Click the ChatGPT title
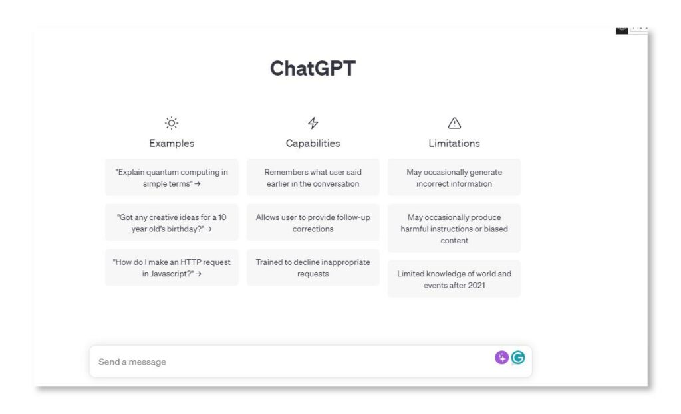coord(313,68)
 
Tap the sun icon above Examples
coord(172,123)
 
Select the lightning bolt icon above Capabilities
coord(313,123)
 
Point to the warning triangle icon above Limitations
coord(454,123)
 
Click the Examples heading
coord(172,143)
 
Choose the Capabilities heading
coord(313,143)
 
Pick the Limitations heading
coord(454,143)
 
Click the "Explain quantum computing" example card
coord(172,177)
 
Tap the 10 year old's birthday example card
coord(172,223)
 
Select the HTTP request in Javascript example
coord(172,268)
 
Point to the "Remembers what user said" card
coord(313,177)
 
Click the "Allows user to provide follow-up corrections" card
coord(313,223)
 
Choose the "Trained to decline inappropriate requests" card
coord(313,268)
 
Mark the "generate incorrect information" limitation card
coord(454,177)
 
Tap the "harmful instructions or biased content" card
coord(454,229)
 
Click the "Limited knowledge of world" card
coord(454,279)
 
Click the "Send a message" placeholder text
coord(132,362)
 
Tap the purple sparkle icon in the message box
coord(501,358)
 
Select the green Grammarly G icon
coord(518,358)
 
